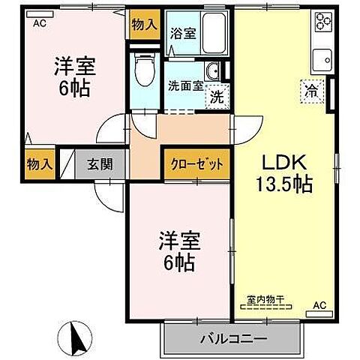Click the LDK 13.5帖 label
pyautogui.click(x=286, y=172)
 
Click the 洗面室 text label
pyautogui.click(x=184, y=85)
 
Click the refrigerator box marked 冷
pyautogui.click(x=310, y=91)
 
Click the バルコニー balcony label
pyautogui.click(x=232, y=339)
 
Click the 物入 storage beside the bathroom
pyautogui.click(x=145, y=24)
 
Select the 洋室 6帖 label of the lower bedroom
pyautogui.click(x=177, y=252)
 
